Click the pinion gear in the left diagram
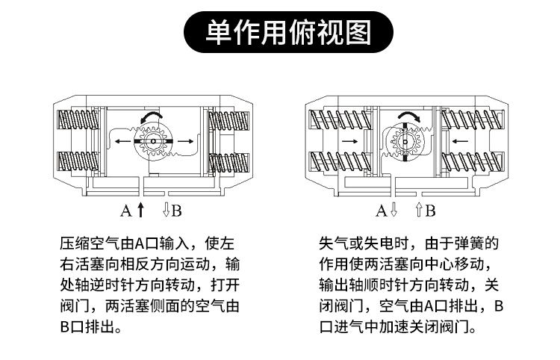pos(152,141)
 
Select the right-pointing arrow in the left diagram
pos(187,141)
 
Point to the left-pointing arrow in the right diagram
pos(461,141)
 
